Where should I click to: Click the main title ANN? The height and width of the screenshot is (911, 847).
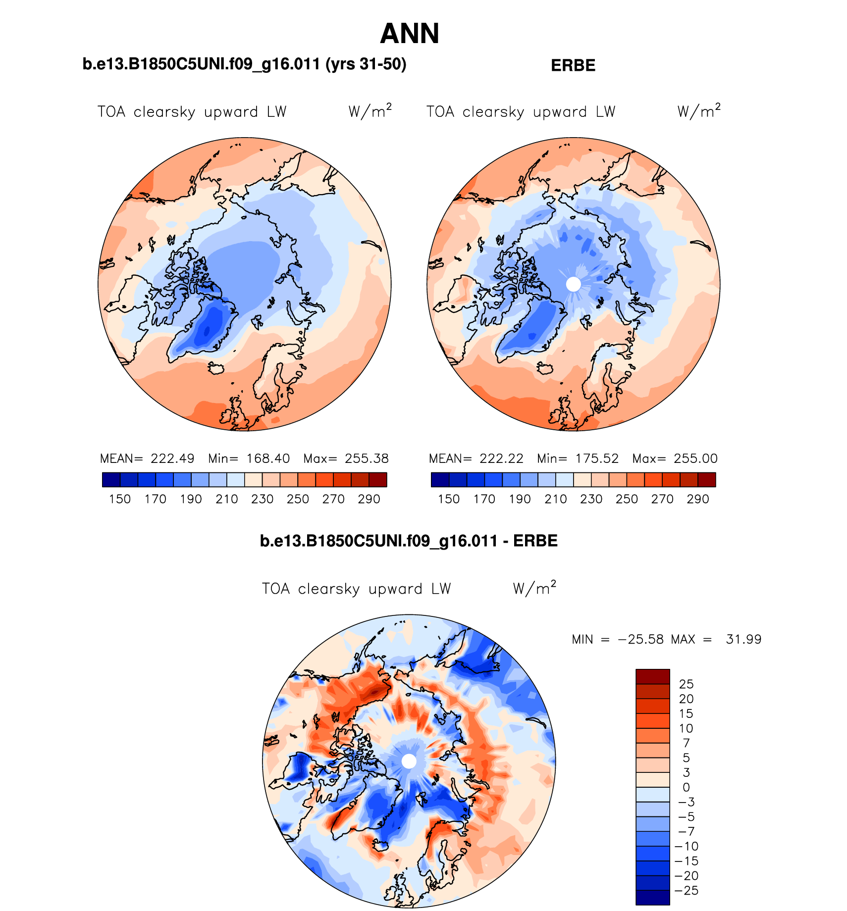click(410, 34)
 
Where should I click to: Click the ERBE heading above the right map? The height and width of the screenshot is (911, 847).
click(573, 65)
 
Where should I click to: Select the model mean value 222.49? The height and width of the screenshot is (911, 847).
click(172, 458)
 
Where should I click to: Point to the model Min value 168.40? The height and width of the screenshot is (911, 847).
click(268, 458)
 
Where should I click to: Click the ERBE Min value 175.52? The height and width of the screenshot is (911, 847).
click(597, 458)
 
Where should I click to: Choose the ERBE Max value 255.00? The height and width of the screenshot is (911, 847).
click(695, 458)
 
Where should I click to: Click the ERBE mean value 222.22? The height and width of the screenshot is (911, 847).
click(501, 458)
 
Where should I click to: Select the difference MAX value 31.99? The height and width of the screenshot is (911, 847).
click(743, 639)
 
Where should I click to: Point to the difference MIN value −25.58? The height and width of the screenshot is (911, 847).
click(640, 639)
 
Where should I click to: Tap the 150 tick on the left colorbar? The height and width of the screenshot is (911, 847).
click(120, 499)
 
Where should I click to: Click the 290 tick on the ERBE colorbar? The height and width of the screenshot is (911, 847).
click(698, 499)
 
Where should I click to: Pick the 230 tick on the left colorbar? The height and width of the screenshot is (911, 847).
click(262, 499)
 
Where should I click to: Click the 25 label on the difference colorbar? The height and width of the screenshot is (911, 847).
click(686, 684)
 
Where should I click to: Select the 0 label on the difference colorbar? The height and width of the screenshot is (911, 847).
click(686, 787)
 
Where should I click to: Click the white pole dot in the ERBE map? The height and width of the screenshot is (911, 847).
click(573, 284)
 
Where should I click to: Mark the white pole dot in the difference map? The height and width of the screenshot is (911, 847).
click(409, 761)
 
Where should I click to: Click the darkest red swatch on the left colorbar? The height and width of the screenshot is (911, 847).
click(378, 480)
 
